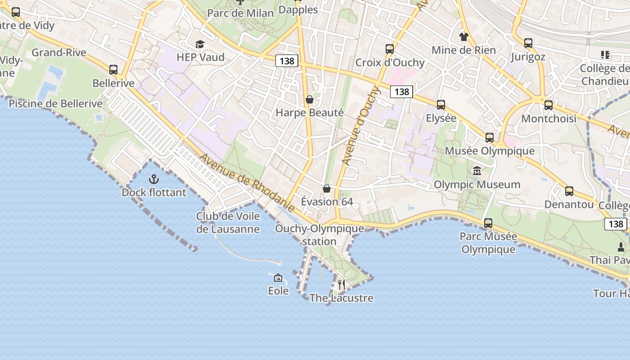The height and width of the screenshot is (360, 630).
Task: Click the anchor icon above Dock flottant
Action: pos(154,180)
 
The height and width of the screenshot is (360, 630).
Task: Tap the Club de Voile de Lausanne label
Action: pos(228,223)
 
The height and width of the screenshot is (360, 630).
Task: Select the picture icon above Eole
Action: pos(278,278)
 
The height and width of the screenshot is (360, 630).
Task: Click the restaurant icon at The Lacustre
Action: pos(342,284)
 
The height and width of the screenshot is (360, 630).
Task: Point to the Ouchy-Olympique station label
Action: pos(319,235)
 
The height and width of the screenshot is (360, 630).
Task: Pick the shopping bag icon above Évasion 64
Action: pos(327,189)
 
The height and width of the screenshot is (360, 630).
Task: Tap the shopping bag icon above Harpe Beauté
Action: pos(310,99)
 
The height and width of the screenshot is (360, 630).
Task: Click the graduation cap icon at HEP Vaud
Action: pos(200,44)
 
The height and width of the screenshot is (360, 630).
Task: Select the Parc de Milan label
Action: pos(240,13)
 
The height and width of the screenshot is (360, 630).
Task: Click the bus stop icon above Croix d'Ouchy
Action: pos(390,49)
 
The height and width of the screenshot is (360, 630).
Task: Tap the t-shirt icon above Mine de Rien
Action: pos(463,36)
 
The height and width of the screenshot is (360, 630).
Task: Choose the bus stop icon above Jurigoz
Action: pos(528,43)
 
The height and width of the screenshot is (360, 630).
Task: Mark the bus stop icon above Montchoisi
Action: pos(549,105)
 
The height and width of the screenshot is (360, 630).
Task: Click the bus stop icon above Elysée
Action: pos(441,105)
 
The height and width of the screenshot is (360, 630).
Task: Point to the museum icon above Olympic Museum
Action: pos(477,171)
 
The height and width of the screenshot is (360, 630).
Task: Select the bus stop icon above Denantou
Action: pos(569,191)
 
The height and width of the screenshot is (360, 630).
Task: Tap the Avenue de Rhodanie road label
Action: pos(247,182)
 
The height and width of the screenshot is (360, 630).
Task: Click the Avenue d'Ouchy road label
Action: pos(361,126)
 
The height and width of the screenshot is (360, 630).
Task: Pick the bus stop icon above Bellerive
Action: pos(113,70)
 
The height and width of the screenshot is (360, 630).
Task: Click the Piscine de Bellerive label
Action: pos(56,104)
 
